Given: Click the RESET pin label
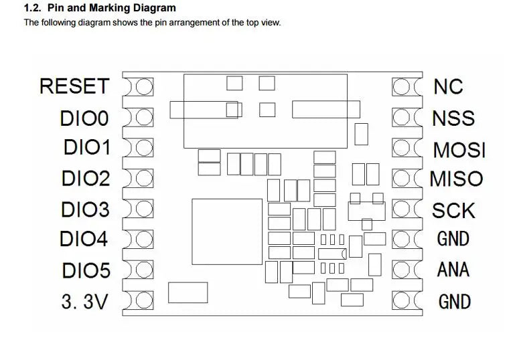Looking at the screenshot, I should tap(74, 86).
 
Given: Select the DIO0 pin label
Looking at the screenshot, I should tap(84, 118).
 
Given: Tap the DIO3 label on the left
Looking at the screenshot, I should tap(85, 209).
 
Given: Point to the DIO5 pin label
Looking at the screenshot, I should tap(86, 271).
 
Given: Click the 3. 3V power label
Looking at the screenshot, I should tap(84, 302).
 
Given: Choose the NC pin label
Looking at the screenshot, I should tap(448, 86).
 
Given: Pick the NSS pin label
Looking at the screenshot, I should tap(453, 118).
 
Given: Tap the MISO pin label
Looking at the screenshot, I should tap(455, 179).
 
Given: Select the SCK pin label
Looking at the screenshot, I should tap(453, 210).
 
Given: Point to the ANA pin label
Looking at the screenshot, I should tap(453, 270).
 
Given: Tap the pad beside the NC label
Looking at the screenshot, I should tap(402, 87).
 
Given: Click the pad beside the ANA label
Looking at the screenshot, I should tap(402, 270).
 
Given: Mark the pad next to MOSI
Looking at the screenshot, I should tap(402, 148).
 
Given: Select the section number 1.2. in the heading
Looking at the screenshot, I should tap(33, 9).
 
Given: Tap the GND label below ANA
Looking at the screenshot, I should tap(454, 302).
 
